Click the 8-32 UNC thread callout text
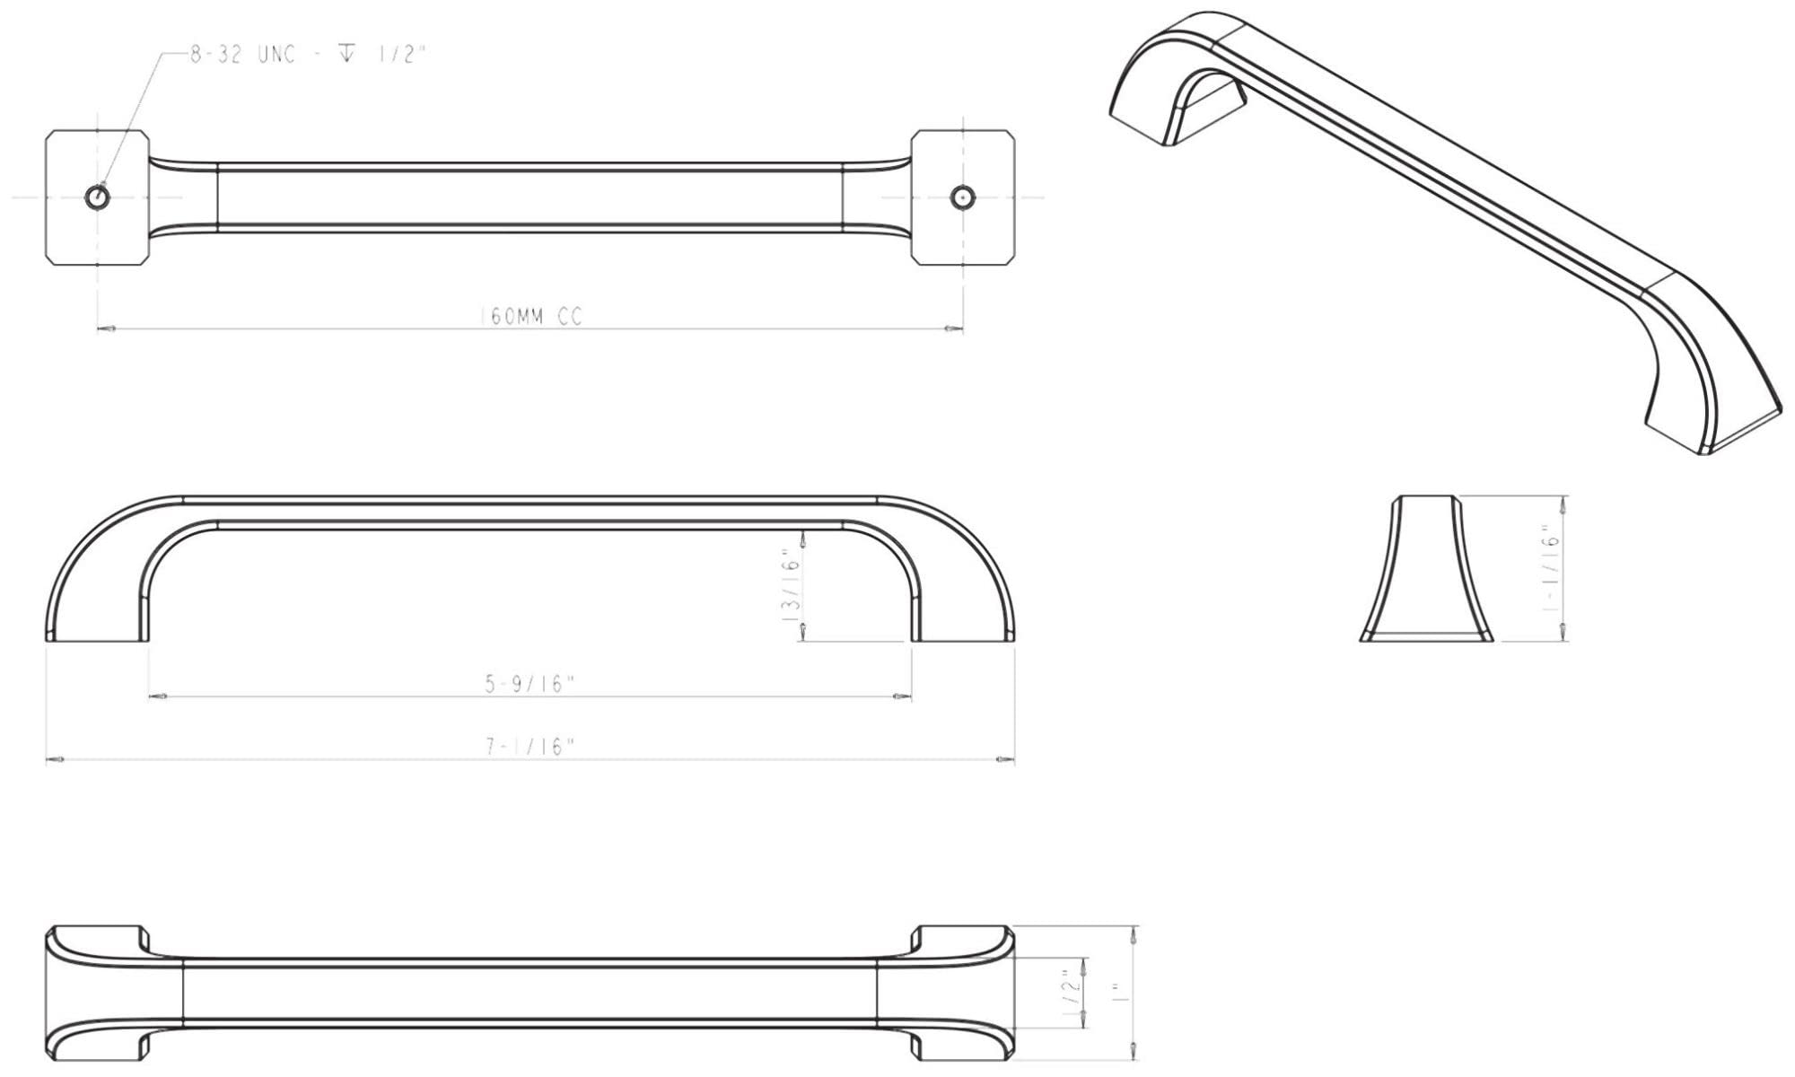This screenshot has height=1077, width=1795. [306, 54]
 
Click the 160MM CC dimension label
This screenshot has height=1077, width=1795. [531, 317]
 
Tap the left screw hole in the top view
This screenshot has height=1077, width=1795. [95, 197]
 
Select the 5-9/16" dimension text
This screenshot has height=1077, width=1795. [530, 684]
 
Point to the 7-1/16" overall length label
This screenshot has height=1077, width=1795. [530, 747]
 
